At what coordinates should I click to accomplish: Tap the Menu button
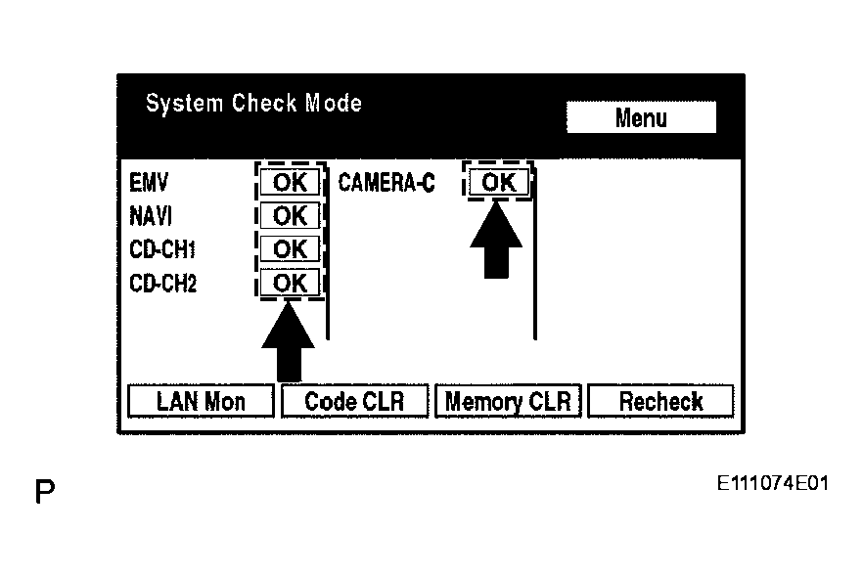641,116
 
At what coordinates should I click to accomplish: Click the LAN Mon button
201,401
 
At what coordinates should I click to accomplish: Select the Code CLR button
354,401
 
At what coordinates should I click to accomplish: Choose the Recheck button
661,401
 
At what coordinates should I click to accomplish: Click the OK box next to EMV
290,182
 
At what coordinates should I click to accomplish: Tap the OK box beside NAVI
290,215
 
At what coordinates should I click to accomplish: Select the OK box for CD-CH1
290,249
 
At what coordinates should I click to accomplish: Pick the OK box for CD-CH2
290,283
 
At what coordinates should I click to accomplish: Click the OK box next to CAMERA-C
499,182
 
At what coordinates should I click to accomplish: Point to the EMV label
149,183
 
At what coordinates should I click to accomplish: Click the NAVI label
151,216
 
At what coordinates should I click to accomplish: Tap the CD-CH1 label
162,249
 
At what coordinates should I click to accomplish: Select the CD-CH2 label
162,284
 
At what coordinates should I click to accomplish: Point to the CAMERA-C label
386,183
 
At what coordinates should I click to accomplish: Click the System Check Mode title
253,104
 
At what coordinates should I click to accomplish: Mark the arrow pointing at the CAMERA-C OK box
496,240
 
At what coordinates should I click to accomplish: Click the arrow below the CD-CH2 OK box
288,341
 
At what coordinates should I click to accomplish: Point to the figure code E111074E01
773,483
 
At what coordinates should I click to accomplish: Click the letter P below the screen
45,491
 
